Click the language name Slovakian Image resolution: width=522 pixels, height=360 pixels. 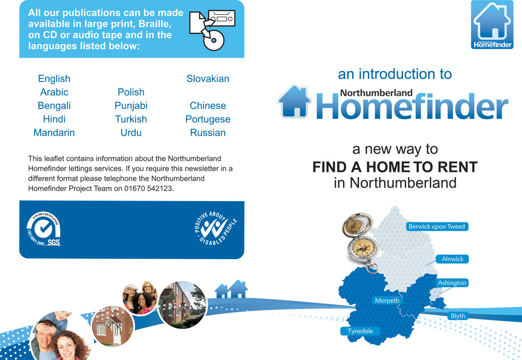[208, 78]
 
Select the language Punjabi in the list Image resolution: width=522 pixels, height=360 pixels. [131, 105]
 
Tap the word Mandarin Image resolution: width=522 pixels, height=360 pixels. [54, 132]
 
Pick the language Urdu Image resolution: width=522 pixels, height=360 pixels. [131, 132]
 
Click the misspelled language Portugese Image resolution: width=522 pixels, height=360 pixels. [208, 119]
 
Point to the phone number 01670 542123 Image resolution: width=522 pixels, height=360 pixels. [149, 188]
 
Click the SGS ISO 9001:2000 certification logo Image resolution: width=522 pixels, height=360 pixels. [44, 229]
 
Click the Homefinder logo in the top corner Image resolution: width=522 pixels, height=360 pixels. [492, 25]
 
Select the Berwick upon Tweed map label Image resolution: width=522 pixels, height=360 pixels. [437, 227]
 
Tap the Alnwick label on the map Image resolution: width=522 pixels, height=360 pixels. [452, 259]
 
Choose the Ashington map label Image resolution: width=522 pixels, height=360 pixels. [452, 283]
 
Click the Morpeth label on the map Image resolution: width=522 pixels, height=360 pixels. [387, 301]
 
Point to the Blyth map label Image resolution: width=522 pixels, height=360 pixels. [458, 316]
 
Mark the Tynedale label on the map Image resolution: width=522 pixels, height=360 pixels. [360, 331]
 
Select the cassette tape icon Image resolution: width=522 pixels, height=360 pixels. [222, 18]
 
